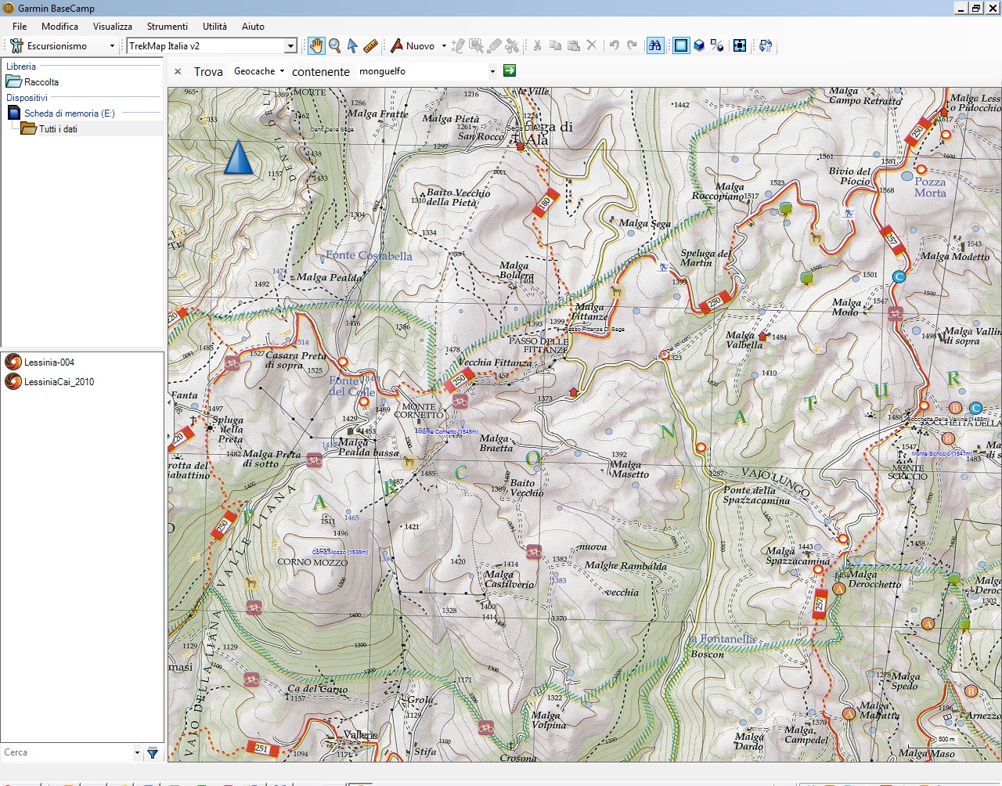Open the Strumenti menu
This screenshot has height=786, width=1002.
[167, 26]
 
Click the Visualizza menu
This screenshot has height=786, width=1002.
[112, 26]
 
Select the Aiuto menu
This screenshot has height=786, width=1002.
[253, 26]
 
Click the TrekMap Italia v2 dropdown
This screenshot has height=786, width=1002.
[211, 46]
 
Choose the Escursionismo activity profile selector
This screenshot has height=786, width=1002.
[63, 46]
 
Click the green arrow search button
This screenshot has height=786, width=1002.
[510, 70]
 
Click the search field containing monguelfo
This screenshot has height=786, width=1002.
[423, 71]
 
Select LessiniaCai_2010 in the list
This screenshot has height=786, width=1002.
[59, 382]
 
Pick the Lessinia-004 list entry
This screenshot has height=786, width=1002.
[49, 362]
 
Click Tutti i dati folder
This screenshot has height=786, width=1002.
[57, 129]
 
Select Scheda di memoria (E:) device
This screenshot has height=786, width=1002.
[69, 114]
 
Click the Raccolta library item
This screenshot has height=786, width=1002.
[41, 82]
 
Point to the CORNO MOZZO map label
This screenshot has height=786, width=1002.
[312, 562]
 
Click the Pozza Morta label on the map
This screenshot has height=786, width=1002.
[930, 187]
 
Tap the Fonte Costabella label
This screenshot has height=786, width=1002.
[369, 256]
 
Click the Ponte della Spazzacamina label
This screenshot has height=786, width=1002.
[755, 495]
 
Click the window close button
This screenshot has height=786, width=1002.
[991, 8]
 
